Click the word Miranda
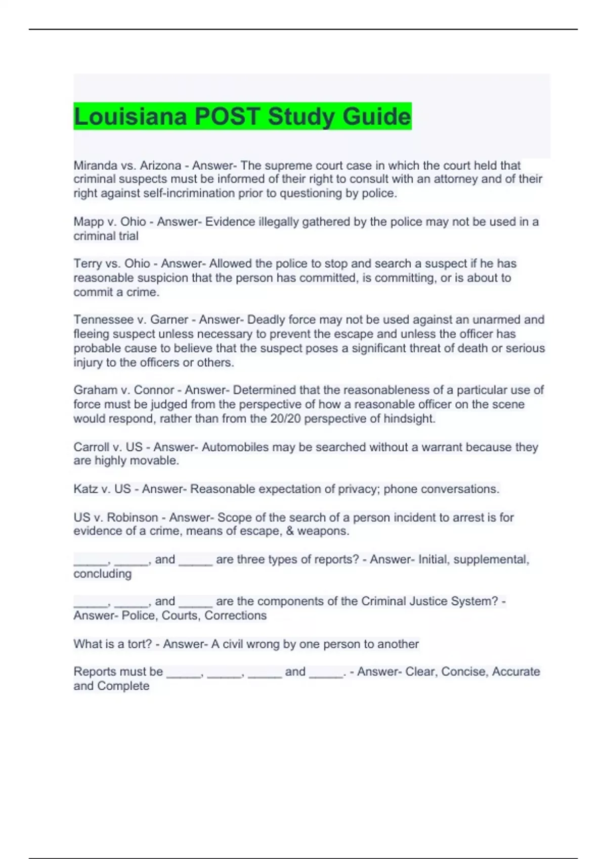pyautogui.click(x=92, y=165)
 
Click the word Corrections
pyautogui.click(x=235, y=615)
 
